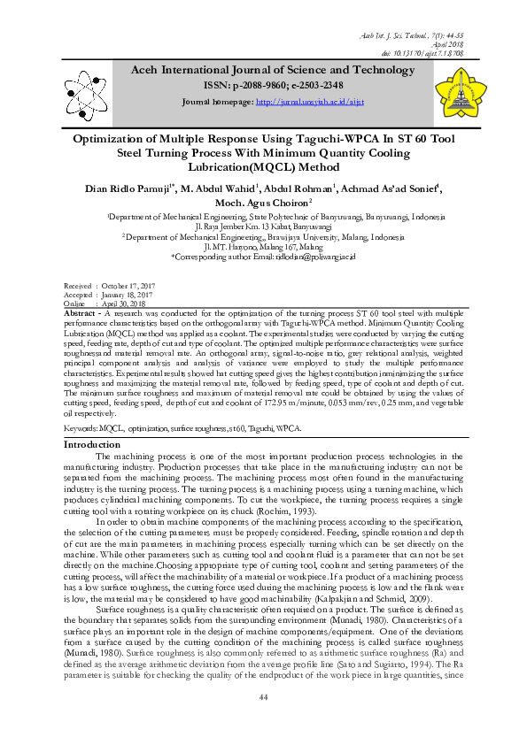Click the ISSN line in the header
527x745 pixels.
(x=262, y=85)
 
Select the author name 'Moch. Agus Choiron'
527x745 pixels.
(x=259, y=203)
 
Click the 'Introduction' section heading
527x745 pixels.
(x=93, y=444)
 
